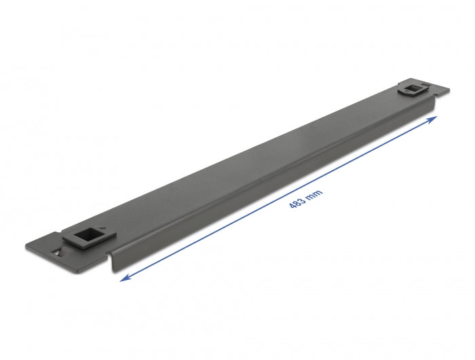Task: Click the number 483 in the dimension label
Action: [x=296, y=202]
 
